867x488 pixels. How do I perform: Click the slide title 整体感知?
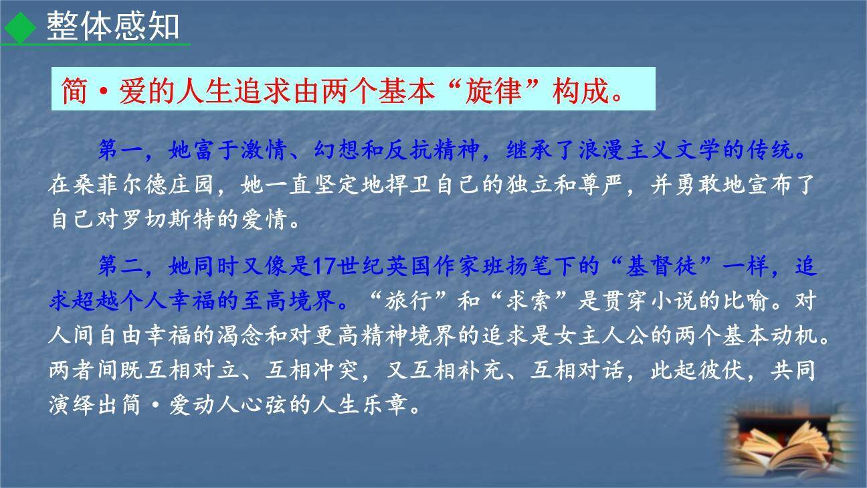(x=112, y=27)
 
